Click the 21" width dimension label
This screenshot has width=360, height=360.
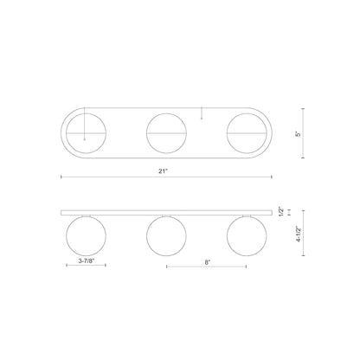(x=163, y=171)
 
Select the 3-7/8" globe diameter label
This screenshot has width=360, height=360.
(x=87, y=260)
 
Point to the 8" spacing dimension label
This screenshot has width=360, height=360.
(x=208, y=262)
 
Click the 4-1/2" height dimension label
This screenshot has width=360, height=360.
(x=299, y=235)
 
